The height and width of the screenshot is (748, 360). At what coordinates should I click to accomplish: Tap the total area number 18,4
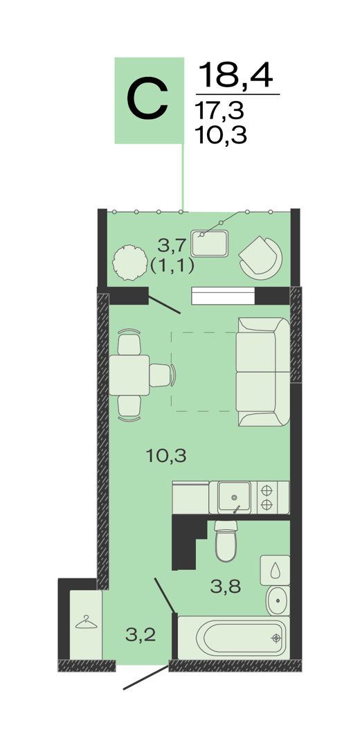tap(235, 75)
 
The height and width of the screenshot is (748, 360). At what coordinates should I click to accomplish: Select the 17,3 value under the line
tap(219, 111)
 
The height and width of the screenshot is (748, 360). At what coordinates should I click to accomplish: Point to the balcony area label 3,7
tap(171, 247)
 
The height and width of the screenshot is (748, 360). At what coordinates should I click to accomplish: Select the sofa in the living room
tap(262, 372)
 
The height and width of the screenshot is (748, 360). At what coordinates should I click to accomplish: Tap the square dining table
tap(129, 375)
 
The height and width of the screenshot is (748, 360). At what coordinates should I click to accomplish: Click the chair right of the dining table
tap(162, 375)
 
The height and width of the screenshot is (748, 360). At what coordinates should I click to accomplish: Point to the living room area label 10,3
tap(166, 456)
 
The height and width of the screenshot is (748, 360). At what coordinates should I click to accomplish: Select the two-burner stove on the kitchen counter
tap(273, 497)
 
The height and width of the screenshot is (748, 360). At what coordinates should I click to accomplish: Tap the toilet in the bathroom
tap(226, 540)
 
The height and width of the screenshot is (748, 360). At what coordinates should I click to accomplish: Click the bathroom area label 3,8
tap(226, 586)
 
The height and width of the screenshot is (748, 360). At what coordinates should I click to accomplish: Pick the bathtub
tap(233, 637)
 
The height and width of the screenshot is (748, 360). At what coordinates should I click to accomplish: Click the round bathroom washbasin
tap(278, 600)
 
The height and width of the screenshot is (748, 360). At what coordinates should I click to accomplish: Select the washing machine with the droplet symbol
tap(275, 570)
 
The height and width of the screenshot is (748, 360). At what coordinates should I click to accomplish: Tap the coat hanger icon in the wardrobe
tap(85, 623)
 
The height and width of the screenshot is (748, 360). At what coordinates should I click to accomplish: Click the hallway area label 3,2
tap(141, 635)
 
